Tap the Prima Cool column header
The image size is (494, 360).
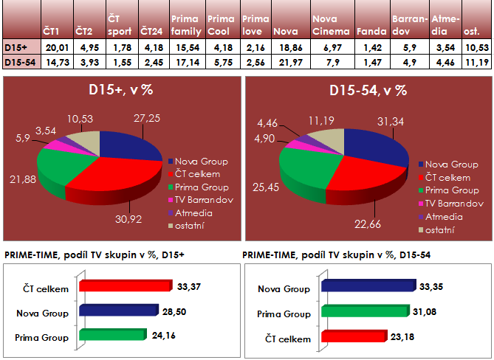tap(221, 25)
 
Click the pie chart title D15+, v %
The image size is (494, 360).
tap(120, 91)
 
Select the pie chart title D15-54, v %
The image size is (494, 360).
tap(368, 91)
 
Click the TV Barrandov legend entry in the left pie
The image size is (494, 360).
tap(201, 200)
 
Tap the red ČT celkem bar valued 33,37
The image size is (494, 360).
tap(125, 286)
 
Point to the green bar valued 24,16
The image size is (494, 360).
tap(111, 336)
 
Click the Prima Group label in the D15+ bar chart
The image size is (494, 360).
tap(42, 339)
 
